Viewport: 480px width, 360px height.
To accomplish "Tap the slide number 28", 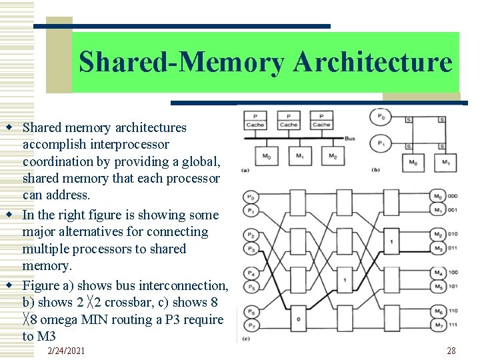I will tap(451, 351).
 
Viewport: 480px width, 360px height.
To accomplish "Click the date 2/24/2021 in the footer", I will tap(67, 351).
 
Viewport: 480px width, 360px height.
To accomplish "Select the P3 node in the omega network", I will tap(251, 249).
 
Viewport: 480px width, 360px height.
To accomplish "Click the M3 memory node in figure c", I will tap(437, 249).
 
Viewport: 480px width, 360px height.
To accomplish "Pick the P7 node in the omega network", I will tap(251, 326).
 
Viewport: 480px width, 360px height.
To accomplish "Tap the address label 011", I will tap(453, 249).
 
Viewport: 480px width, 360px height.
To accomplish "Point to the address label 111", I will tap(453, 326).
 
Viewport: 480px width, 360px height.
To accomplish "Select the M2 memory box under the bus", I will tap(331, 156).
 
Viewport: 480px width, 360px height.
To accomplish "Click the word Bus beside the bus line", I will tap(351, 138).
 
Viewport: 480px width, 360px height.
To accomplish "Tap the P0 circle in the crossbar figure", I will tap(381, 117).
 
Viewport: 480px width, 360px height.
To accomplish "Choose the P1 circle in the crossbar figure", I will tap(381, 144).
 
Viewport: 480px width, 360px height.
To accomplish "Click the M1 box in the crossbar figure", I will tap(445, 162).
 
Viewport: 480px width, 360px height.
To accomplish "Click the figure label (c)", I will tap(246, 340).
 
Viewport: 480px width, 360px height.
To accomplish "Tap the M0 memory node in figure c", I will tap(437, 197).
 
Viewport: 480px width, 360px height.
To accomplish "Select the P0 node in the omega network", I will tap(251, 197).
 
